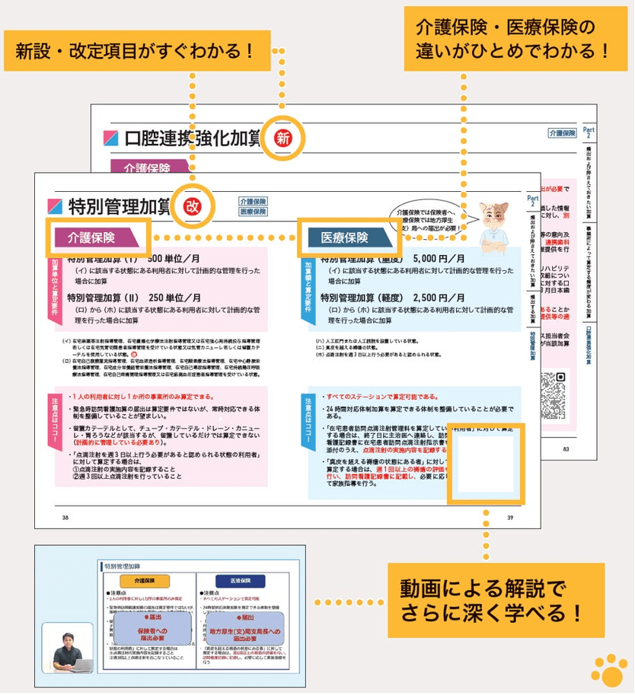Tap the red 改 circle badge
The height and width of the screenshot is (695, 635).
coord(192,206)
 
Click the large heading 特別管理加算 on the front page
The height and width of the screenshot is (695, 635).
coord(118,206)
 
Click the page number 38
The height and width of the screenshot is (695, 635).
coord(65,518)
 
